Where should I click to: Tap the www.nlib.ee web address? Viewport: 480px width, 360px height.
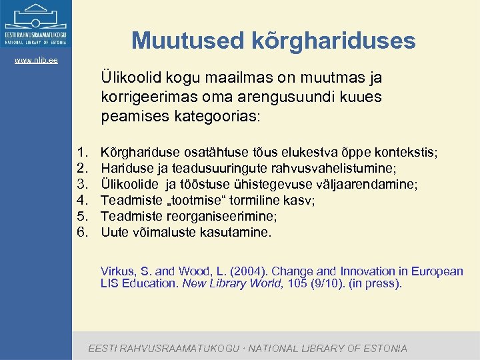36,60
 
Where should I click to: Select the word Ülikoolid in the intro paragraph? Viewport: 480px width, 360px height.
131,77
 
